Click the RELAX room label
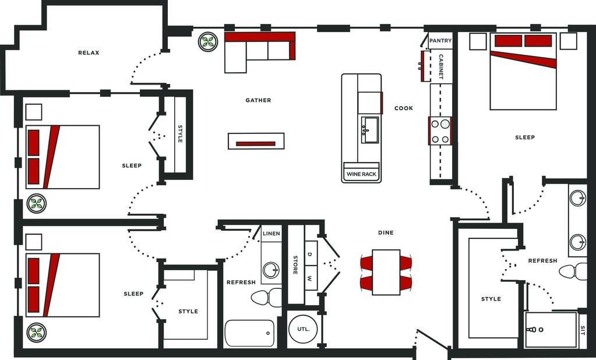pyautogui.click(x=89, y=53)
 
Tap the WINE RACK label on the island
pyautogui.click(x=361, y=174)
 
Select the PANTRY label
pyautogui.click(x=440, y=41)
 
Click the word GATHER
pyautogui.click(x=258, y=100)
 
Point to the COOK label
pyautogui.click(x=404, y=108)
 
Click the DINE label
pyautogui.click(x=386, y=232)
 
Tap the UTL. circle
pyautogui.click(x=303, y=329)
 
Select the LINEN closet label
pyautogui.click(x=271, y=234)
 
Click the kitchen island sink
pyautogui.click(x=370, y=130)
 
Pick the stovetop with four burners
pyautogui.click(x=440, y=130)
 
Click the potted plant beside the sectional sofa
pyautogui.click(x=208, y=42)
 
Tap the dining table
pyautogui.click(x=386, y=272)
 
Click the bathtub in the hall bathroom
pyautogui.click(x=250, y=333)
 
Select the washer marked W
pyautogui.click(x=310, y=278)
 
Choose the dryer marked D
pyautogui.click(x=310, y=253)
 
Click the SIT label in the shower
pyautogui.click(x=583, y=329)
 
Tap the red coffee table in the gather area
pyautogui.click(x=256, y=144)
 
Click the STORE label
pyautogui.click(x=295, y=265)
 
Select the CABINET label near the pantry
pyautogui.click(x=441, y=66)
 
